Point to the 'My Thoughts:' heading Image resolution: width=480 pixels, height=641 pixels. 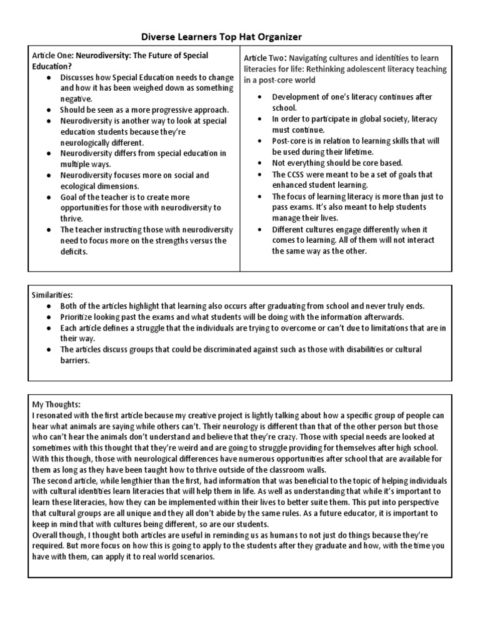pyautogui.click(x=56, y=405)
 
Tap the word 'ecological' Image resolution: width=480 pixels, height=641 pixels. pyautogui.click(x=79, y=186)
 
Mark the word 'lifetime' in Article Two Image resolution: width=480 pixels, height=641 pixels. pyautogui.click(x=354, y=152)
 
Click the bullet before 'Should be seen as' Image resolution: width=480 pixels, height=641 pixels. pyautogui.click(x=49, y=110)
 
